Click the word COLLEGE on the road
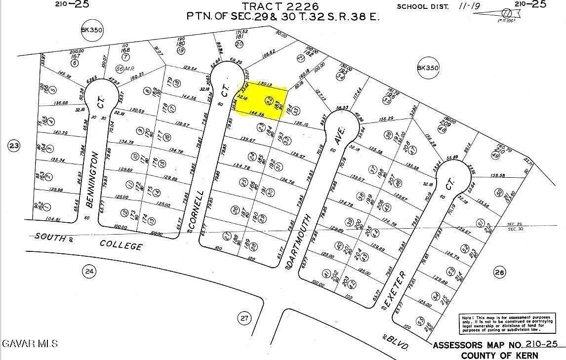click(121, 245)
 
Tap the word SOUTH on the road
click(50, 237)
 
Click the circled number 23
click(14, 146)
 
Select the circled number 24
click(88, 271)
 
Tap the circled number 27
click(243, 318)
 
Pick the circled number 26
click(499, 272)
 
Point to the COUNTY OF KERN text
click(500, 355)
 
